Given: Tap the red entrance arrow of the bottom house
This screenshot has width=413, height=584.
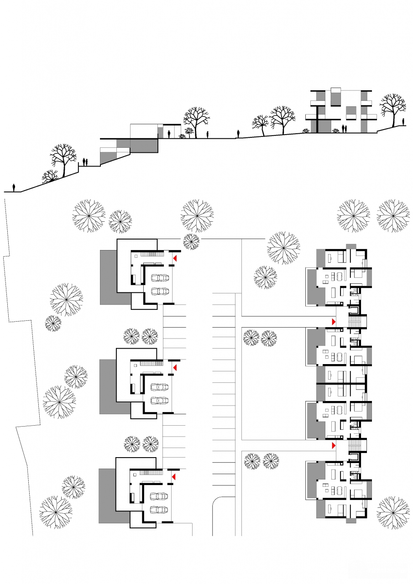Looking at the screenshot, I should coord(173,477).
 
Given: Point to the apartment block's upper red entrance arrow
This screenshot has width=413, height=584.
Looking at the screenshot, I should coord(334,322).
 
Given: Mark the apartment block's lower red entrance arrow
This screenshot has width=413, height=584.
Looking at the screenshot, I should coord(334,445).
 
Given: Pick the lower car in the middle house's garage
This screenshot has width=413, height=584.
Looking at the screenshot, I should coord(159,400).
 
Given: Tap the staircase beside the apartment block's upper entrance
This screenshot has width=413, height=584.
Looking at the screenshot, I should coord(355,321).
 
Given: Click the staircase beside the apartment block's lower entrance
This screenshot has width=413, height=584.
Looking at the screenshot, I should coord(355,444).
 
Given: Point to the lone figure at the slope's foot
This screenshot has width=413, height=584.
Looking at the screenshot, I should coord(14,188).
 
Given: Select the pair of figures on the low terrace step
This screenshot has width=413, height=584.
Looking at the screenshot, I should coord(84,162).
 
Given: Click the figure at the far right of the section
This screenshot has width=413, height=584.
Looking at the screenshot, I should coord(404,121).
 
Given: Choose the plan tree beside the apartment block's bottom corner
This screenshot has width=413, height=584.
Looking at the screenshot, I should coord(392,513).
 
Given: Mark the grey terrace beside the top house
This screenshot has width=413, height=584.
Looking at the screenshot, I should coord(108,277).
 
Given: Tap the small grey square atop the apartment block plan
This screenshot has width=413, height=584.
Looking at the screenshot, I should coord(351,246).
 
